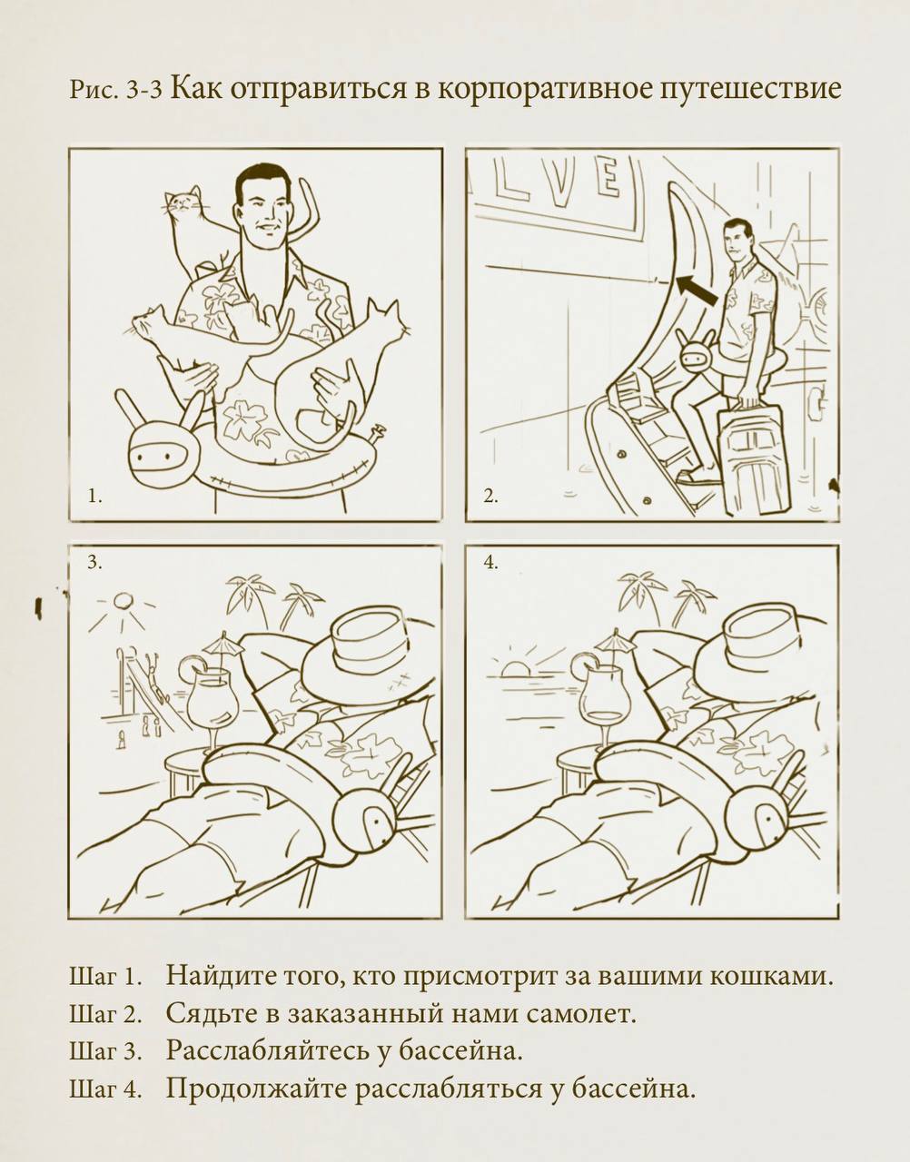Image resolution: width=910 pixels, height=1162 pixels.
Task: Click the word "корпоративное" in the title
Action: click(545, 89)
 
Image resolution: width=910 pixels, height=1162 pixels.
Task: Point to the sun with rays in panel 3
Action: click(122, 606)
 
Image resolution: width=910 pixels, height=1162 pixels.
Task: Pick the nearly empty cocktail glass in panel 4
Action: click(606, 702)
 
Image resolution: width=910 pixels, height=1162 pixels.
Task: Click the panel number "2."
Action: click(490, 497)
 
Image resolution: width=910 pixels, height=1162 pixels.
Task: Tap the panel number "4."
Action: click(490, 562)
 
